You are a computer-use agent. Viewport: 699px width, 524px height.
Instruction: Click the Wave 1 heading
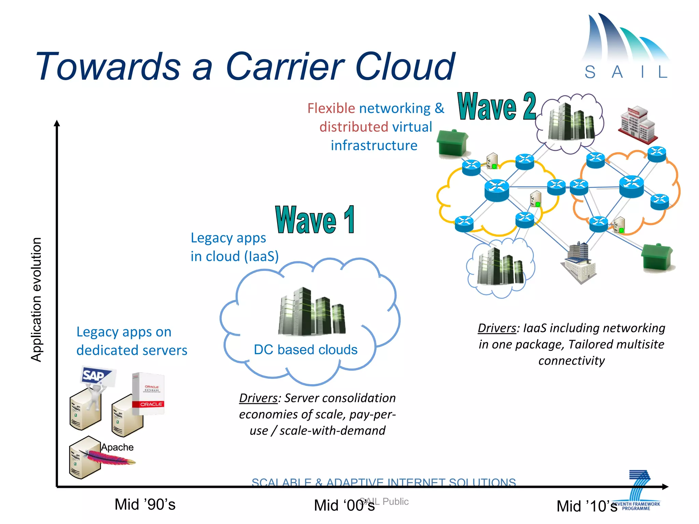(315, 220)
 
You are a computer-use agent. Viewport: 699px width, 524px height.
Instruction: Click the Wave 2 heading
(497, 107)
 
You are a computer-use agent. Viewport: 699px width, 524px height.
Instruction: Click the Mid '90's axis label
(145, 505)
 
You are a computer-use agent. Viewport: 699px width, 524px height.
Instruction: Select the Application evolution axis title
(36, 299)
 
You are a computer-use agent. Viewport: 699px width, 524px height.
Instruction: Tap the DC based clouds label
(305, 350)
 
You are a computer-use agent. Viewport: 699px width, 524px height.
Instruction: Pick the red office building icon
(638, 125)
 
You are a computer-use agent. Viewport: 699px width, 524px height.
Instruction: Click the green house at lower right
(657, 257)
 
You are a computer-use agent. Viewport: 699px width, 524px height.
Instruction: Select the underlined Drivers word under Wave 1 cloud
(258, 398)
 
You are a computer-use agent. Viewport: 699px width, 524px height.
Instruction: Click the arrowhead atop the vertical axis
(57, 123)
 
